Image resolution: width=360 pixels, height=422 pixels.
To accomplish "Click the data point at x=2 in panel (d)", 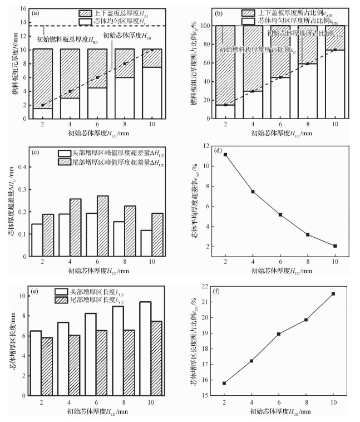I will [x=224, y=154].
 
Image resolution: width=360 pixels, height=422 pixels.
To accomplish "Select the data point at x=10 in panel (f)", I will [x=333, y=293].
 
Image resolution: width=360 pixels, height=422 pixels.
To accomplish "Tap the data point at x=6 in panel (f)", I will [x=279, y=334].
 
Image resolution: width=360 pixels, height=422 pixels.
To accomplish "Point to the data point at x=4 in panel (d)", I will [x=251, y=192].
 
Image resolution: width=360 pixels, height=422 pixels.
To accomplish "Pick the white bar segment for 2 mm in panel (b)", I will [x=224, y=112].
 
